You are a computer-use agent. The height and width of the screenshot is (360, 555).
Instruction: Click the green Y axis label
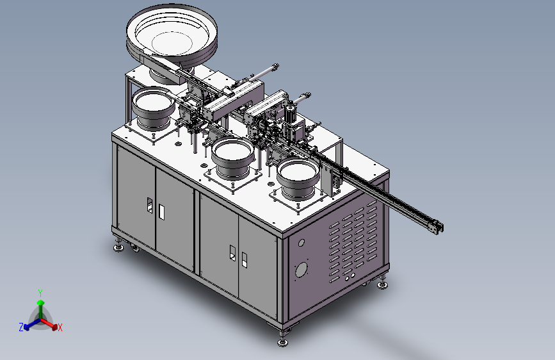40,293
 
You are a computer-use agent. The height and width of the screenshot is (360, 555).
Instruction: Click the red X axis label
60,328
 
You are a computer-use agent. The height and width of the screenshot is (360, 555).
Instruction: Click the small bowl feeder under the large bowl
153,108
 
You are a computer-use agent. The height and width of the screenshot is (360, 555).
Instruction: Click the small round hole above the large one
302,243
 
